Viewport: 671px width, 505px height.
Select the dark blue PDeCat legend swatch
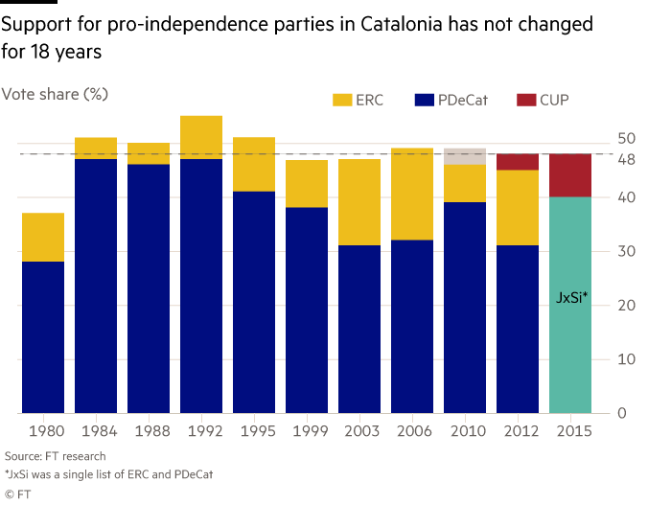click(x=426, y=100)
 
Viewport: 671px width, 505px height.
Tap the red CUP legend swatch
click(x=526, y=100)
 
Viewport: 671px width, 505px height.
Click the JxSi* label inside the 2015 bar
click(x=571, y=299)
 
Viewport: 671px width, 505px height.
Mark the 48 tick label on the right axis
click(x=626, y=159)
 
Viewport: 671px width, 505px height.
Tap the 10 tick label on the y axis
click(x=626, y=359)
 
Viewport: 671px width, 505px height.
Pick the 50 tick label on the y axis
click(x=626, y=139)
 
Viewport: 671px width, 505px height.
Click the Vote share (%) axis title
click(x=55, y=94)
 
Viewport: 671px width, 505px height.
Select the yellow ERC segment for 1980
click(x=43, y=237)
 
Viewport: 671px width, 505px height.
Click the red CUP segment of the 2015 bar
click(x=570, y=175)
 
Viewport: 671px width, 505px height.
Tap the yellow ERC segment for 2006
click(x=412, y=194)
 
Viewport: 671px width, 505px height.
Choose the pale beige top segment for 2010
click(x=465, y=155)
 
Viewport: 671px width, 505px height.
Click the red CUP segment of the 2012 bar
click(x=518, y=162)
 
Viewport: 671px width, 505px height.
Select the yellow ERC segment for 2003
click(x=359, y=201)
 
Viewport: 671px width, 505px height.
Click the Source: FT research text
click(x=55, y=457)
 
